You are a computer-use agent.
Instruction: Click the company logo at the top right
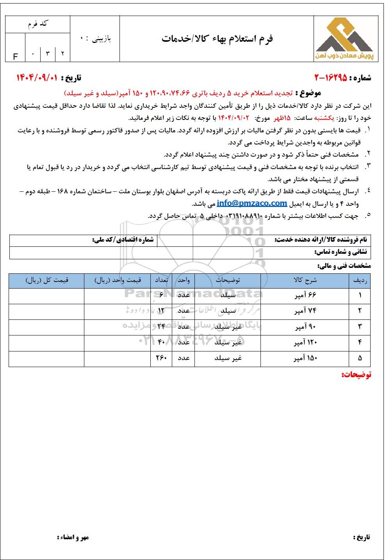(x=344, y=39)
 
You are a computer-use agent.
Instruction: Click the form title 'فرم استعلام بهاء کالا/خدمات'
(x=217, y=39)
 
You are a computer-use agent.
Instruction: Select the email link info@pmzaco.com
(x=252, y=203)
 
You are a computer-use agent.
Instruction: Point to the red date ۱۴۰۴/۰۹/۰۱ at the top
(x=37, y=78)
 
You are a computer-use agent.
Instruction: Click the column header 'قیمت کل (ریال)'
(x=47, y=280)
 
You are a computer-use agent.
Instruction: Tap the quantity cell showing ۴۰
(x=161, y=342)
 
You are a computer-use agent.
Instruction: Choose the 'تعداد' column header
(x=161, y=280)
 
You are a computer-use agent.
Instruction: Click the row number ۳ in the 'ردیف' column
(x=360, y=326)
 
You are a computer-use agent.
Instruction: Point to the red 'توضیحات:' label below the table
(x=356, y=375)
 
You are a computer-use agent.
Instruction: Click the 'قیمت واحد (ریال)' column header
(x=117, y=280)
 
